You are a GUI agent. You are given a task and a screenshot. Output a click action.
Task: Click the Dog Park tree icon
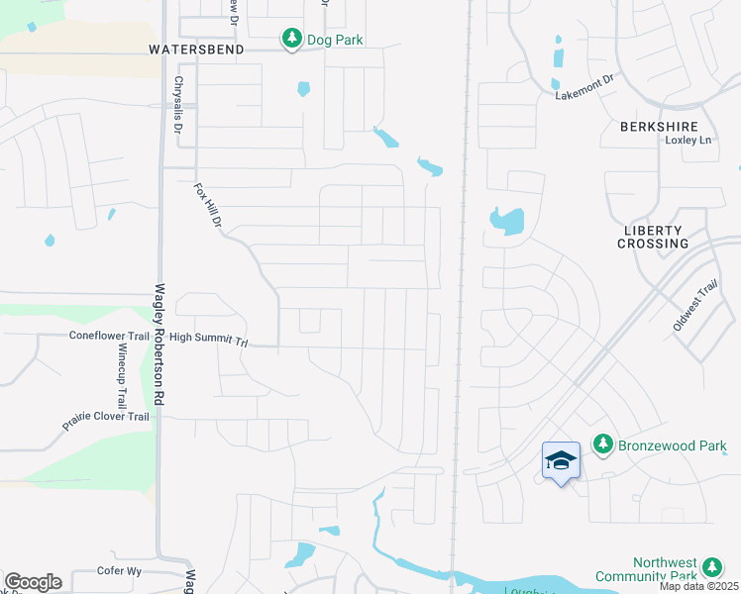[291, 39]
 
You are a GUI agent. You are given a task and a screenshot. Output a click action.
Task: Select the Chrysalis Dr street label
[178, 105]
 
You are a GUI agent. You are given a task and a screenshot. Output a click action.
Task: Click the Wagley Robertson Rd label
[158, 346]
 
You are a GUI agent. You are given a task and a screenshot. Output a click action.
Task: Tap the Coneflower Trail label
[109, 336]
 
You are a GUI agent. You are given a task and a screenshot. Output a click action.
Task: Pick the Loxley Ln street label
[688, 141]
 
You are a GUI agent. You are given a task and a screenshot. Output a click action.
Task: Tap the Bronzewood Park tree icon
[602, 445]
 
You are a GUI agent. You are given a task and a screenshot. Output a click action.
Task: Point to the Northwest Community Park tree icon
[711, 567]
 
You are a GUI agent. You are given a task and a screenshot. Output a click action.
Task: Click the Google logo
[33, 582]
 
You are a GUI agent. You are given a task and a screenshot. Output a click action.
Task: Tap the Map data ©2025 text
[698, 586]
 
